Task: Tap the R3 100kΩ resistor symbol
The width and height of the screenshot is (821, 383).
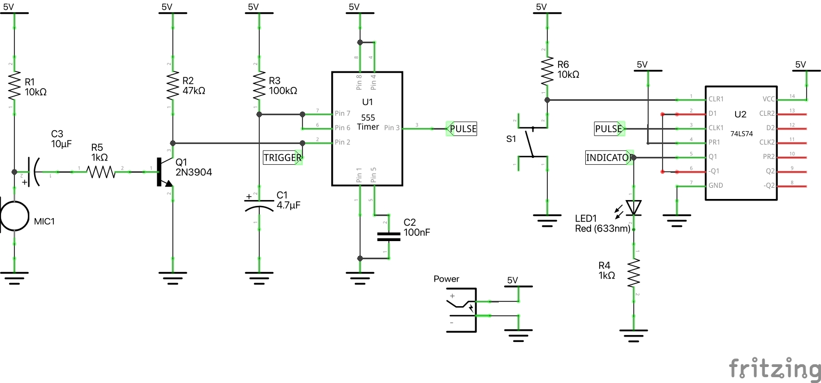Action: pyautogui.click(x=259, y=85)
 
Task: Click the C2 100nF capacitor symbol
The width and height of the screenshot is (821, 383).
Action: pyautogui.click(x=388, y=236)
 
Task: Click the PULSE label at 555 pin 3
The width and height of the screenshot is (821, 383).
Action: pyautogui.click(x=461, y=129)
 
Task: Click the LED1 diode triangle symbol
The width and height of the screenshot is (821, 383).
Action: pyautogui.click(x=634, y=207)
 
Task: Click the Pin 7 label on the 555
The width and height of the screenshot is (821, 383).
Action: pyautogui.click(x=342, y=114)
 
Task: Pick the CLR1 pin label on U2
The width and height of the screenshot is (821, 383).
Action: pyautogui.click(x=716, y=99)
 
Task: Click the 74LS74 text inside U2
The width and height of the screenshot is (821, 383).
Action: pyautogui.click(x=742, y=134)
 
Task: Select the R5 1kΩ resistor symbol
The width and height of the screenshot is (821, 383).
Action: pyautogui.click(x=100, y=172)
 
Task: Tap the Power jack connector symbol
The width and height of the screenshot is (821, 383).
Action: pyautogui.click(x=461, y=309)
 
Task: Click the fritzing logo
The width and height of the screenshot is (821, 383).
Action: pyautogui.click(x=775, y=369)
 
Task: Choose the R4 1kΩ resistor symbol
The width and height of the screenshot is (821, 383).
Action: pyautogui.click(x=634, y=273)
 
